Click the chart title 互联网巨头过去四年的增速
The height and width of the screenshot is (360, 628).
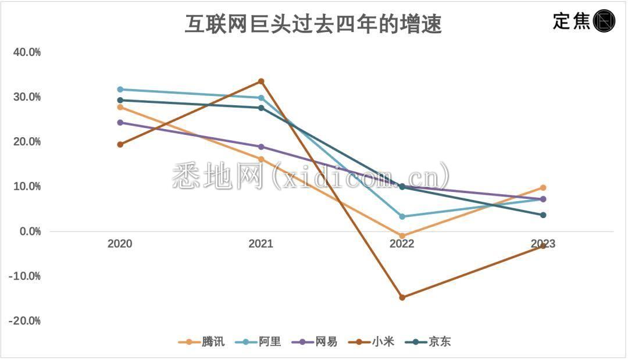point(313,24)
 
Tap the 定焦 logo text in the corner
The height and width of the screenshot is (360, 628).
point(571,22)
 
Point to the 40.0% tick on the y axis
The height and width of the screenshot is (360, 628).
point(27,52)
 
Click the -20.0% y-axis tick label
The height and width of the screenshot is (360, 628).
point(24,321)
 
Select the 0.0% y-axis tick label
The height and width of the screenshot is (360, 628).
point(28,231)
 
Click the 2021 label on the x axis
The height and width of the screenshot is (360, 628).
point(261,244)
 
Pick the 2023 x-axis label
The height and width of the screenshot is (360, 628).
point(543,244)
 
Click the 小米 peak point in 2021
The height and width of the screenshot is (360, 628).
point(261,81)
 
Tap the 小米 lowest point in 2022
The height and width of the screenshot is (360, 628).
point(402,297)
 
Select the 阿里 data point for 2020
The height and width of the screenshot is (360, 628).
point(120,90)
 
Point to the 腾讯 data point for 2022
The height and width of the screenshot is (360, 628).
point(402,236)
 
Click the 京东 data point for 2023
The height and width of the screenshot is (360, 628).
point(543,215)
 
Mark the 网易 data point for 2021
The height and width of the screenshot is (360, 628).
point(261,147)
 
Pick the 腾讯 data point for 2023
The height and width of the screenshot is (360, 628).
point(543,188)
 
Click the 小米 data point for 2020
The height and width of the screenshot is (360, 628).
point(120,144)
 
